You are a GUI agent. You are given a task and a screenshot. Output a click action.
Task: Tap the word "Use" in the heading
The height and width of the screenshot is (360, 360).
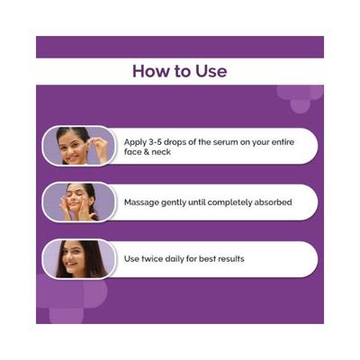(x=211, y=71)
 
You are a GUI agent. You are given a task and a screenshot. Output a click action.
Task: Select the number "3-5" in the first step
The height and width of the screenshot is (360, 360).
(x=157, y=142)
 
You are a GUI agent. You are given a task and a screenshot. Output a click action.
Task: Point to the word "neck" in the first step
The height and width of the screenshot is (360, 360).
(x=161, y=152)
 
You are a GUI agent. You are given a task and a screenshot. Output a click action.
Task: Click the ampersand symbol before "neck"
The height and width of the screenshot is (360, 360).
(x=147, y=152)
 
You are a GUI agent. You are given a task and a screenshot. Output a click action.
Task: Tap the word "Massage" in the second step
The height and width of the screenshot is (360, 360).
(x=141, y=202)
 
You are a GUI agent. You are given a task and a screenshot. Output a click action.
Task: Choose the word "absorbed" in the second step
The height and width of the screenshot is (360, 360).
(x=273, y=202)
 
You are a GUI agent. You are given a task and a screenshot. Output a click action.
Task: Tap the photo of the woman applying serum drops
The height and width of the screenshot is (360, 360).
(x=79, y=146)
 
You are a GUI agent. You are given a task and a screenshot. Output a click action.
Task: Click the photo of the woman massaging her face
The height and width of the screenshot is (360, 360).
(x=79, y=202)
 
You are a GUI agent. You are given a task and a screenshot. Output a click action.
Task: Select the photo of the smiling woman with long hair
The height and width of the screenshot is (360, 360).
(x=79, y=258)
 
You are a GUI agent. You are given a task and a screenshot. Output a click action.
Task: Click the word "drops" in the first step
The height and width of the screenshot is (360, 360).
(x=176, y=142)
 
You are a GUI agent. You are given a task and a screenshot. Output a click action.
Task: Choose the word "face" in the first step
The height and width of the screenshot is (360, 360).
(x=132, y=152)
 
